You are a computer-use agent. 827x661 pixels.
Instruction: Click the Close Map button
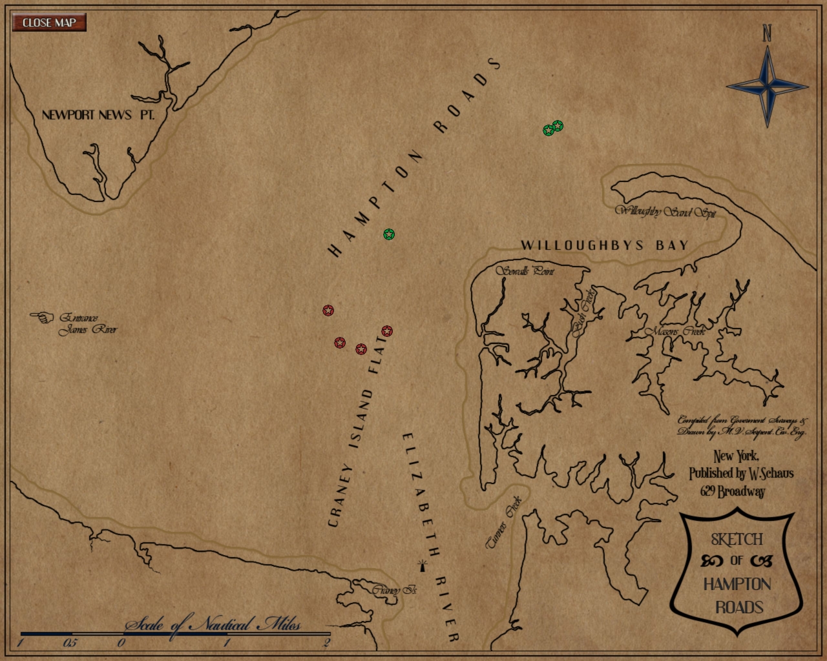[x=49, y=23]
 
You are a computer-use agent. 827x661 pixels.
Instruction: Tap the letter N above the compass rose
[x=767, y=33]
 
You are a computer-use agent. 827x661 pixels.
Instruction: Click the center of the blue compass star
[x=768, y=86]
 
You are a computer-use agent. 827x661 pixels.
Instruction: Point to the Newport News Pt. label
[x=98, y=115]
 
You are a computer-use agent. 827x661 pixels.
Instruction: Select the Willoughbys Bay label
[x=605, y=245]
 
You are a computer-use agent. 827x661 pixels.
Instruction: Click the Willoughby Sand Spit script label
[x=665, y=211]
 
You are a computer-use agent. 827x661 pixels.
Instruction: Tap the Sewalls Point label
[x=525, y=271]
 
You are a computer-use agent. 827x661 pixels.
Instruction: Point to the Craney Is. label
[x=394, y=590]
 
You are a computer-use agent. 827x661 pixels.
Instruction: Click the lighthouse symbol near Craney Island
[x=423, y=566]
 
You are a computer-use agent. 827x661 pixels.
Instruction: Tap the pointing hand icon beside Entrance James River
[x=43, y=317]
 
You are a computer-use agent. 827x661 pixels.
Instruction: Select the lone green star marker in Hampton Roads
[x=389, y=234]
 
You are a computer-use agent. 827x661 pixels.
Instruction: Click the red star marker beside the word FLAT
[x=387, y=331]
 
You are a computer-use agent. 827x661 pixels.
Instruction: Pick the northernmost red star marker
[x=328, y=310]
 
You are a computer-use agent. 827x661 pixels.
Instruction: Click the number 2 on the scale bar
[x=327, y=642]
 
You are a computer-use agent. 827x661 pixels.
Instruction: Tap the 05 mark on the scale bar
[x=70, y=643]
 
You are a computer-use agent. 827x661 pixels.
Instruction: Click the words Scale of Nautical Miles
[x=213, y=624]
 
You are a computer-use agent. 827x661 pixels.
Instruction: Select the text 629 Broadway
[x=733, y=491]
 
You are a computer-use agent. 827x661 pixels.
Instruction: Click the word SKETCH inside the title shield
[x=737, y=539]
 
